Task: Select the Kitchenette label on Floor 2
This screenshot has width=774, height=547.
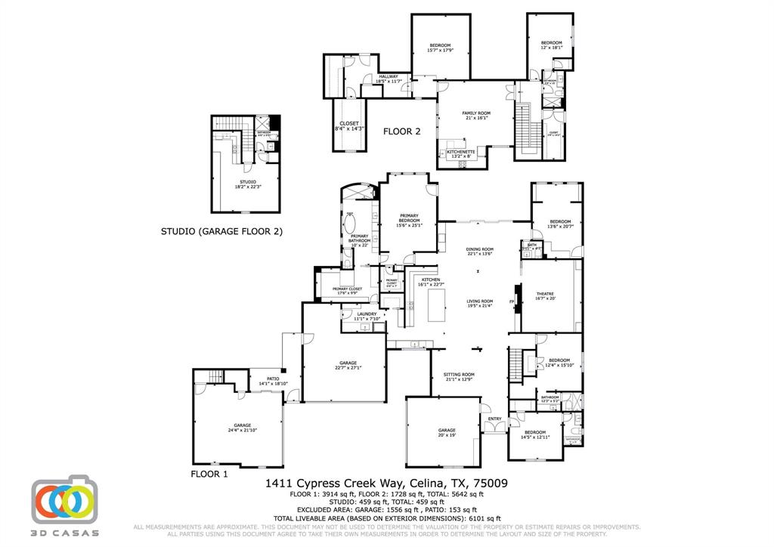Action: tap(460, 154)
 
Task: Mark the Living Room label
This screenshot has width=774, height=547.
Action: tap(479, 303)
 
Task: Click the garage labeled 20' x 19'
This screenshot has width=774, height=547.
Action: tap(447, 432)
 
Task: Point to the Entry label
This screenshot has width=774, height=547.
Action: tap(495, 419)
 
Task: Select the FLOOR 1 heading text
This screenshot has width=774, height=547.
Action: tap(209, 474)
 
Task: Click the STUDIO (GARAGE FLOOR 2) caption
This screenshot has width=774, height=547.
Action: tap(221, 232)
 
